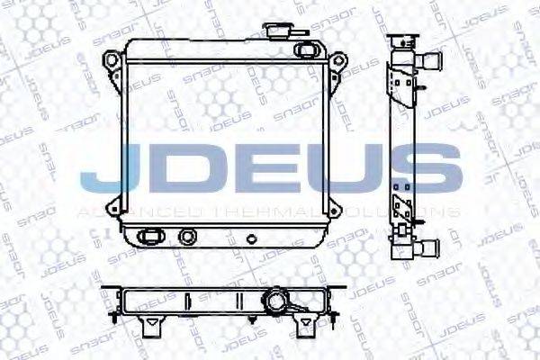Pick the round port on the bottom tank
coord(187,237)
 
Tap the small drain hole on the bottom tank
coord(251,240)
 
